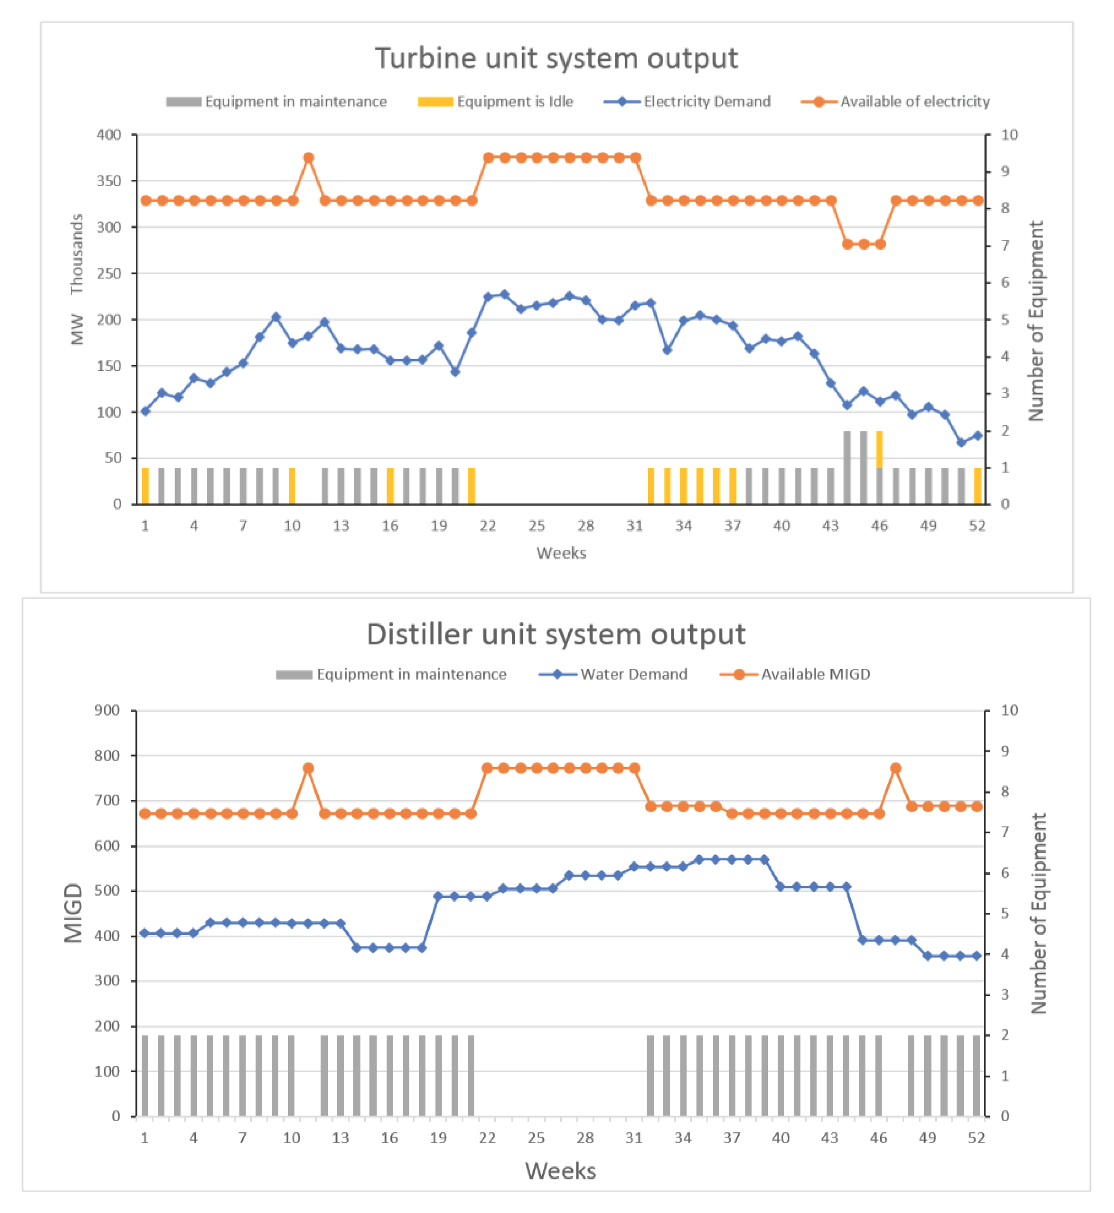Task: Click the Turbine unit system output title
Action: (556, 58)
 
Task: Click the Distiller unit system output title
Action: (556, 634)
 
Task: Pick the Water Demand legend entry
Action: (614, 674)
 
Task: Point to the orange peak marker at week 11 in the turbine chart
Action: (309, 158)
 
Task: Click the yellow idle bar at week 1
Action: (145, 486)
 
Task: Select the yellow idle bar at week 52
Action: (977, 486)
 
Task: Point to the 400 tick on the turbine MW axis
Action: (109, 135)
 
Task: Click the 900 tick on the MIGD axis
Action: (107, 710)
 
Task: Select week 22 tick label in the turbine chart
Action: (488, 526)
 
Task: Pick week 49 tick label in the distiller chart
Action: (927, 1138)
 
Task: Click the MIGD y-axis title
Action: (73, 913)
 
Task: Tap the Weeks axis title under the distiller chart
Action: (560, 1171)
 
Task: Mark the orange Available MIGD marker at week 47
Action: (895, 768)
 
